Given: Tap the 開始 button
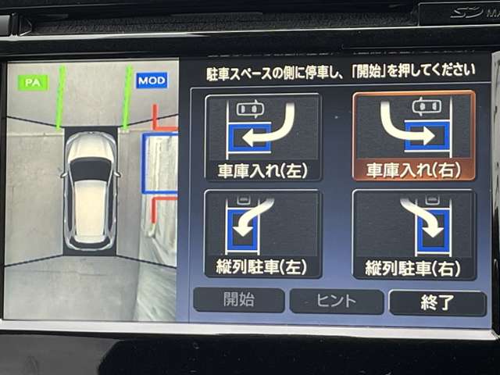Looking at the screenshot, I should (238, 300).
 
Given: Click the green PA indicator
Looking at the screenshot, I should (33, 82).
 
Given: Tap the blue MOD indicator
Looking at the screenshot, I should (151, 80).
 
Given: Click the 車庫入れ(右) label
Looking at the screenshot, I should (413, 170).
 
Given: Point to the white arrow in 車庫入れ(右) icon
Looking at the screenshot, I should (406, 127).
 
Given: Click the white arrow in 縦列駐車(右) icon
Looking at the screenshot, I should (420, 217).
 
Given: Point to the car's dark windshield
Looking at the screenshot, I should (91, 169).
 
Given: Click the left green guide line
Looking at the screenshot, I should (59, 98).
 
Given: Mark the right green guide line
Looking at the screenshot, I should (126, 97).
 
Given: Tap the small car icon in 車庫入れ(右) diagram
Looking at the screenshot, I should (427, 105).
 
